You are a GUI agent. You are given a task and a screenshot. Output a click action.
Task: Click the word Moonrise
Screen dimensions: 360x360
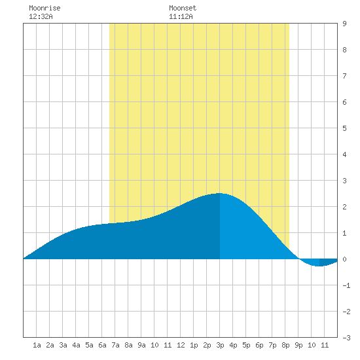point(45,8)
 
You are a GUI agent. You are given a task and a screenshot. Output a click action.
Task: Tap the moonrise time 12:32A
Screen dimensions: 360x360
point(41,16)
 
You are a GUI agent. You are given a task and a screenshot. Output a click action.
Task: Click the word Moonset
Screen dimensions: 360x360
point(183,8)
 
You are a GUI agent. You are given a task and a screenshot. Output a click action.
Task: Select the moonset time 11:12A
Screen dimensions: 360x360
point(181,16)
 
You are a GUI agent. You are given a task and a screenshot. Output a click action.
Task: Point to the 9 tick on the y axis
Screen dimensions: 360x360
point(344,24)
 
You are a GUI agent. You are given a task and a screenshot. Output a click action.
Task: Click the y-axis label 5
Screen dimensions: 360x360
point(344,128)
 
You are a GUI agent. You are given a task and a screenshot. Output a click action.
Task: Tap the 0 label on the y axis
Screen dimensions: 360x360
point(344,259)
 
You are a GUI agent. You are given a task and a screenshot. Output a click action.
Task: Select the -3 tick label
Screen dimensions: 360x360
point(346,338)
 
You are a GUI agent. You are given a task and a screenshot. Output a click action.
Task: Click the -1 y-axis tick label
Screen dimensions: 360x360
point(346,285)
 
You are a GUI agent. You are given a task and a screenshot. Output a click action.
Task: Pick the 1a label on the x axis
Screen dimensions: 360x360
point(37,345)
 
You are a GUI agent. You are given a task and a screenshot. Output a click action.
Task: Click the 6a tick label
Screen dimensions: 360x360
point(102,345)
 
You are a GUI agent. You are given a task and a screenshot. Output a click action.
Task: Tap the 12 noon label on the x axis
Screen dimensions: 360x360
point(181,345)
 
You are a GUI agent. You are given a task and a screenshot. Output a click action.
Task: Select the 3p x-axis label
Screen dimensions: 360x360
point(220,345)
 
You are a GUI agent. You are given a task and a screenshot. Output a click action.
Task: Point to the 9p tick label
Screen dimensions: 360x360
point(298,345)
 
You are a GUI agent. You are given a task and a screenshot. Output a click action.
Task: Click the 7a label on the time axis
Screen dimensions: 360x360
point(115,345)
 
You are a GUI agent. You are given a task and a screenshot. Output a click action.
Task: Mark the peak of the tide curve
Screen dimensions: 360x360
point(219,193)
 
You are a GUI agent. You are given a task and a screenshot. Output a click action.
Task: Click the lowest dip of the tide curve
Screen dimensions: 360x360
point(318,266)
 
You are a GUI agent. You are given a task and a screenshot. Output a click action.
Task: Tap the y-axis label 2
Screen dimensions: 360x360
point(344,207)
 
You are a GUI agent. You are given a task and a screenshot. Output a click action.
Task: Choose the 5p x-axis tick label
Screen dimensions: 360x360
point(246,345)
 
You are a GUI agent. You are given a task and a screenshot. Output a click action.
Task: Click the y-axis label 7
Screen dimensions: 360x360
point(344,76)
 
